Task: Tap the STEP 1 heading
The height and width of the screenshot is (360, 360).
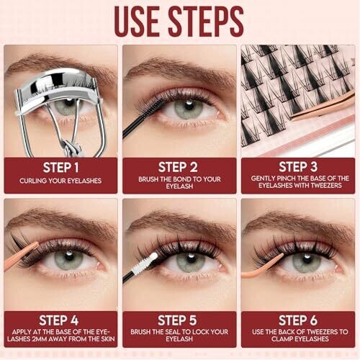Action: click(x=61, y=168)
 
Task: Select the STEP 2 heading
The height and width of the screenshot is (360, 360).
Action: click(x=178, y=167)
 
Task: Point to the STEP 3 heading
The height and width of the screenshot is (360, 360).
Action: click(x=298, y=167)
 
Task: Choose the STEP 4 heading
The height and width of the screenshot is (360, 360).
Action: click(x=59, y=320)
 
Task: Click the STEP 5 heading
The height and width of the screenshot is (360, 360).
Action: click(x=177, y=320)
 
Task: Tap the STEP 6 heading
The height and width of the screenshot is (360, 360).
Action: click(x=298, y=320)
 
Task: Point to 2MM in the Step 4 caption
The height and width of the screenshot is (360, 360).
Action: click(x=42, y=339)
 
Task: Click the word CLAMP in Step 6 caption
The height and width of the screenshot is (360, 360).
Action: click(x=282, y=339)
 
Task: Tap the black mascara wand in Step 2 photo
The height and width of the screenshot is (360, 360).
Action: click(x=142, y=118)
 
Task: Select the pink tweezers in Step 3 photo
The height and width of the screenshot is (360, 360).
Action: click(x=323, y=107)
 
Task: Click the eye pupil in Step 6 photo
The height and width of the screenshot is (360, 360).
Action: click(x=307, y=260)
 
